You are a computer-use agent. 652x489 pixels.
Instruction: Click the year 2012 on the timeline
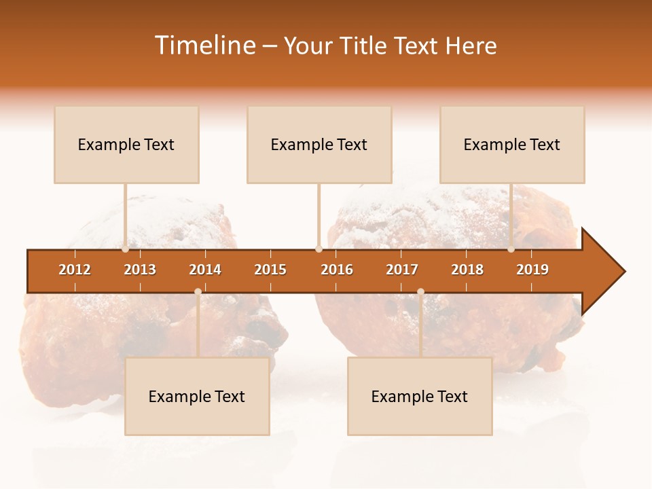(75, 270)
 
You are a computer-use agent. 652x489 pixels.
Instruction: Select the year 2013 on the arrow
(140, 270)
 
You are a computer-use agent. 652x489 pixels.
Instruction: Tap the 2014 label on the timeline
(205, 270)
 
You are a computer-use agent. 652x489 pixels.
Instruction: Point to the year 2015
(270, 270)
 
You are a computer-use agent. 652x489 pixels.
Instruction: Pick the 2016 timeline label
(337, 270)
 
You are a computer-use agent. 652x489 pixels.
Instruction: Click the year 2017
(402, 270)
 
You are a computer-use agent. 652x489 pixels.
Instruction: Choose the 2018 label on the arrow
(467, 270)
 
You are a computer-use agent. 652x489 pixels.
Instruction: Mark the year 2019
(532, 270)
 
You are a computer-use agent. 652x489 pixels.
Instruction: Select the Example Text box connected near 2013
(126, 145)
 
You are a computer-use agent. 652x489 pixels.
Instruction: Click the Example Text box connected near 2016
(319, 145)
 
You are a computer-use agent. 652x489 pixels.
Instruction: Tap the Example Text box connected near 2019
(512, 145)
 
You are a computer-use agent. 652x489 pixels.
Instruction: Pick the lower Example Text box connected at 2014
(197, 397)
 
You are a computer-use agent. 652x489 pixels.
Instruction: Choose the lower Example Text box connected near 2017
(420, 397)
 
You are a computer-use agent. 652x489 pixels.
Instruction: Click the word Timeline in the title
(205, 46)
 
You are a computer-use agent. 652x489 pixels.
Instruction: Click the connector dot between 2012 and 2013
(126, 249)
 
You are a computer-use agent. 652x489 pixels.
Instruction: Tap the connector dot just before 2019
(511, 249)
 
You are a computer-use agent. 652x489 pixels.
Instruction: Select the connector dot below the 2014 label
(198, 291)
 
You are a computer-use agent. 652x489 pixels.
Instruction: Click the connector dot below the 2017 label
(420, 291)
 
